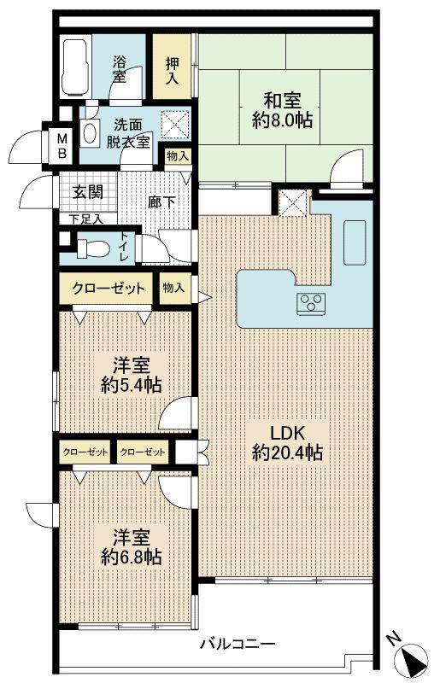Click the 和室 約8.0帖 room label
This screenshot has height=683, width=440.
pyautogui.click(x=284, y=109)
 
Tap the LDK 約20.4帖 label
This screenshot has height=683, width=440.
pyautogui.click(x=287, y=443)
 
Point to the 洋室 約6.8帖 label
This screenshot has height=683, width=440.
pyautogui.click(x=125, y=546)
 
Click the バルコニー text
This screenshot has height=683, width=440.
pyautogui.click(x=237, y=645)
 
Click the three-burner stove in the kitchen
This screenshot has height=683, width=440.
pyautogui.click(x=309, y=301)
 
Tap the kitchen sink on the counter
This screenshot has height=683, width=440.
pyautogui.click(x=355, y=243)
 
